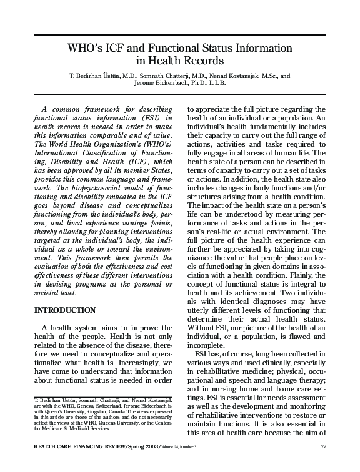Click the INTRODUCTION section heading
tap(64, 310)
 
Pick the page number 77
tap(324, 446)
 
